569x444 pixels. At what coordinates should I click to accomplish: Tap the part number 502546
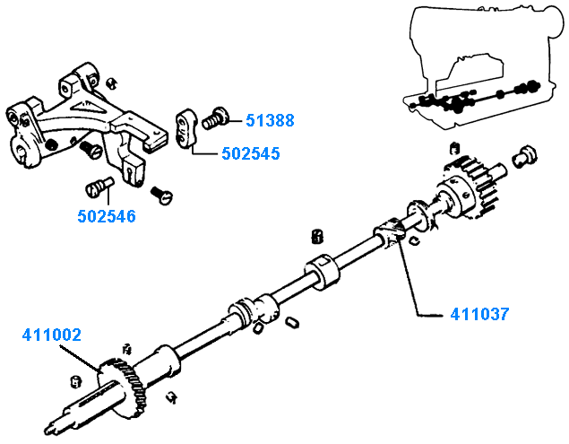(107, 216)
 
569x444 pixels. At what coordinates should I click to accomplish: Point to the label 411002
(52, 335)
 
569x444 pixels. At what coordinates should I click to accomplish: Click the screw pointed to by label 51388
(216, 116)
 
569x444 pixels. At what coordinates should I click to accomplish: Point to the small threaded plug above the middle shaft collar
(315, 236)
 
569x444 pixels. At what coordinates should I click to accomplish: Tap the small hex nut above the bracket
(110, 83)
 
